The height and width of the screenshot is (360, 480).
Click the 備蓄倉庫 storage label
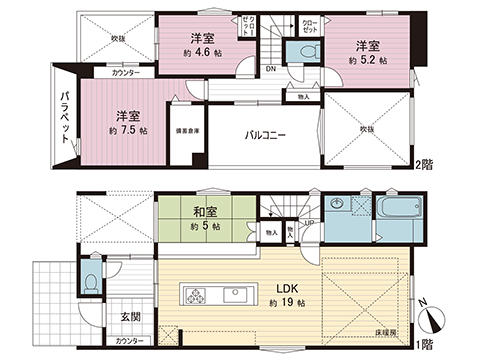tap(189, 132)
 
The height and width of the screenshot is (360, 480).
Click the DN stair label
tap(271, 69)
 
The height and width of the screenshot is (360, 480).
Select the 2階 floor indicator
tap(429, 163)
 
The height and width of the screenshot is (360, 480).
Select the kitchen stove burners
tap(193, 296)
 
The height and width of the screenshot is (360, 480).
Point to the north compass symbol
tap(432, 318)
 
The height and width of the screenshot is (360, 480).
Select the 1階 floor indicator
tap(429, 343)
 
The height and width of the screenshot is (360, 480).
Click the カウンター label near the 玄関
tap(129, 342)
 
